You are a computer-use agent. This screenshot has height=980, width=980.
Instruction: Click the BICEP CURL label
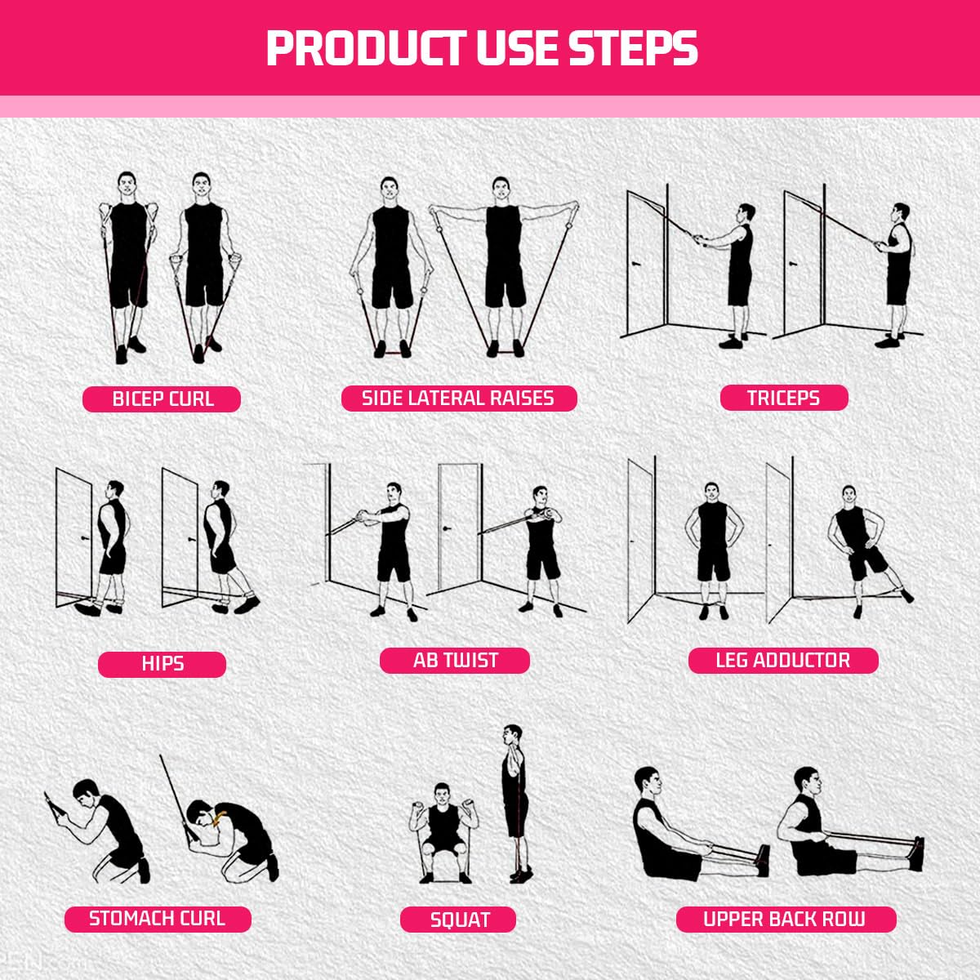tap(162, 399)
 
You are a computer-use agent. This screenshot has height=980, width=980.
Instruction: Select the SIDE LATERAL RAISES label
tap(459, 398)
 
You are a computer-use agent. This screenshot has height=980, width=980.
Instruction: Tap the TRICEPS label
tap(784, 397)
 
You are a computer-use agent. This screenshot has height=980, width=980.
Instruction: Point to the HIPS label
tap(163, 664)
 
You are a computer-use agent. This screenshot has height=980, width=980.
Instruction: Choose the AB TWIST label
tap(455, 660)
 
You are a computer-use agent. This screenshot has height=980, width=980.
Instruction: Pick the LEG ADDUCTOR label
tap(783, 660)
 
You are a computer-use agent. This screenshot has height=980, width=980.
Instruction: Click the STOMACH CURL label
tap(158, 919)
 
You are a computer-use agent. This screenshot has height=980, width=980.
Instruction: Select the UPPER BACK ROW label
tap(786, 919)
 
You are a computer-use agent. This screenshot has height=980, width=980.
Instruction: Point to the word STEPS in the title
tap(633, 49)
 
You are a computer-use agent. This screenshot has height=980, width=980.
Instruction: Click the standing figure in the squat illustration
tap(517, 804)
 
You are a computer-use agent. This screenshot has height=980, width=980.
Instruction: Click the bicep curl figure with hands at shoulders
tap(127, 267)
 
